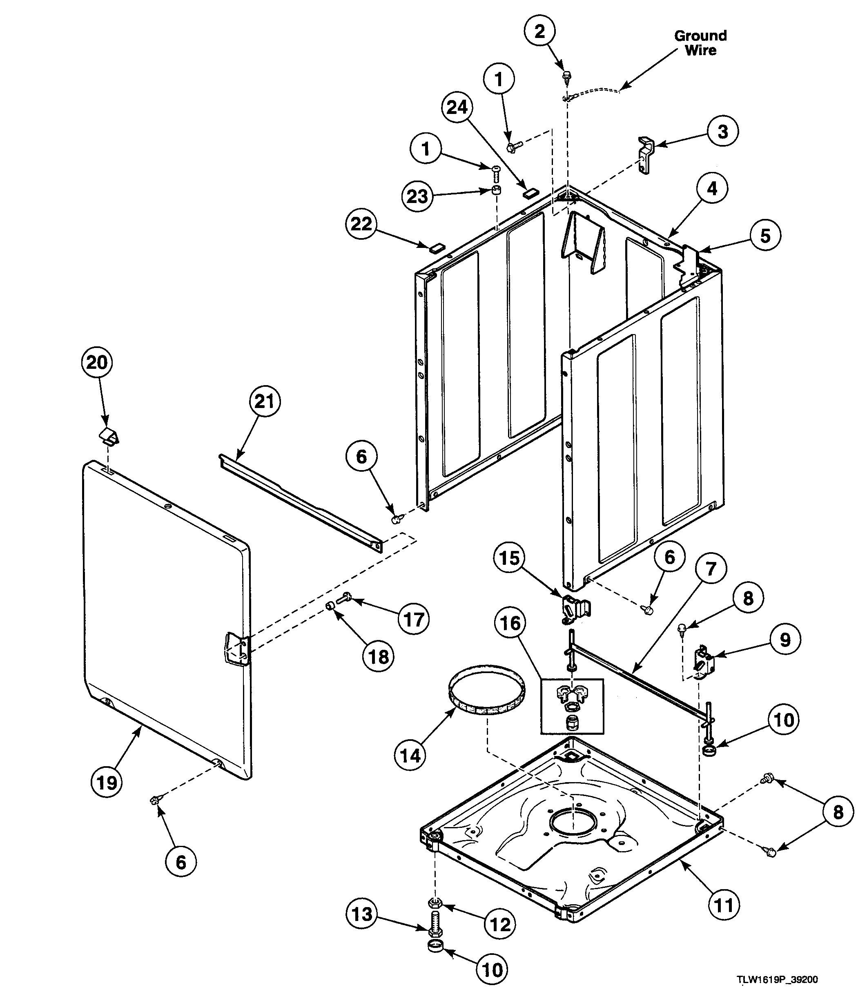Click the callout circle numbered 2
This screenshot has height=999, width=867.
[x=539, y=31]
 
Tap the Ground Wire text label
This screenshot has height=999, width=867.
[x=700, y=42]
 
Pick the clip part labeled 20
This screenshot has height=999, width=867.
[x=109, y=436]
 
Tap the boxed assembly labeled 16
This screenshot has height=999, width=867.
[x=572, y=705]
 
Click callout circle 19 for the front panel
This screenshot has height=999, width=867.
[x=107, y=782]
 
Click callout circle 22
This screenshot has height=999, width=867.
[x=361, y=223]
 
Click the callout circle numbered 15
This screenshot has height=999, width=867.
[x=509, y=558]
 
